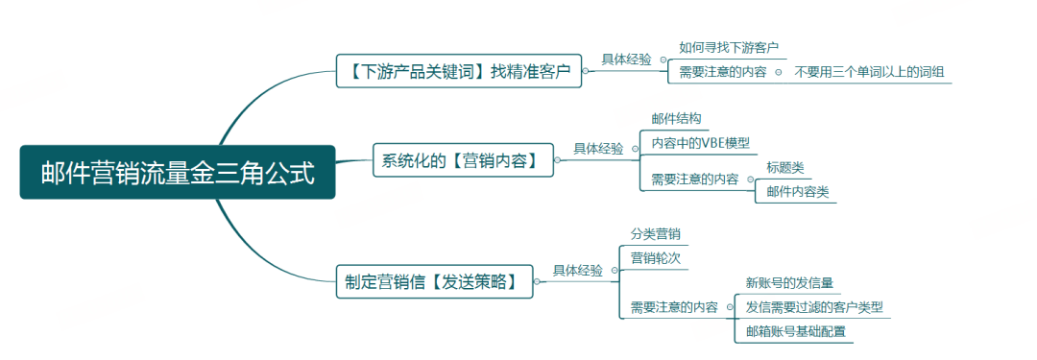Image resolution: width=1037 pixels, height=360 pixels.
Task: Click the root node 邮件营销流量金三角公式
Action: pyautogui.click(x=178, y=173)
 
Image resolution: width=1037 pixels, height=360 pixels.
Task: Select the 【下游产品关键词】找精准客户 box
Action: pyautogui.click(x=459, y=70)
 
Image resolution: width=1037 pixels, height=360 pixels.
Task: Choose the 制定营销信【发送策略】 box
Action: pyautogui.click(x=434, y=281)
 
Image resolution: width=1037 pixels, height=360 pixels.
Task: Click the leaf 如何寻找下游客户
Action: pyautogui.click(x=728, y=47)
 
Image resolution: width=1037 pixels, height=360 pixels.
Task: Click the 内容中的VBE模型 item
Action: pyautogui.click(x=700, y=143)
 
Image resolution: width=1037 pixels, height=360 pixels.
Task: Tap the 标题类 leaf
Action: pyautogui.click(x=784, y=167)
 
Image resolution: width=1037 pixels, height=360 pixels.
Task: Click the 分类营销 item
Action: pyautogui.click(x=655, y=234)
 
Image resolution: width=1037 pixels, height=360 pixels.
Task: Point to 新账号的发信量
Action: pyautogui.click(x=788, y=283)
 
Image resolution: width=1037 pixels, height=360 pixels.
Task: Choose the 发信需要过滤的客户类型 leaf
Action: pyautogui.click(x=813, y=307)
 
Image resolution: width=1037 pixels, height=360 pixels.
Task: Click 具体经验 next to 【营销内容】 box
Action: pyautogui.click(x=599, y=149)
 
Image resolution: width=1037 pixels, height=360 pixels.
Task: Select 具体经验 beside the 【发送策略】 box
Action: pyautogui.click(x=578, y=271)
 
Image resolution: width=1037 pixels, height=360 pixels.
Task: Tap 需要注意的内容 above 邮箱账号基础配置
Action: pyautogui.click(x=673, y=307)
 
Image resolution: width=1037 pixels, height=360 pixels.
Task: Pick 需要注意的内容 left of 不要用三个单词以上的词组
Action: pyautogui.click(x=722, y=72)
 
